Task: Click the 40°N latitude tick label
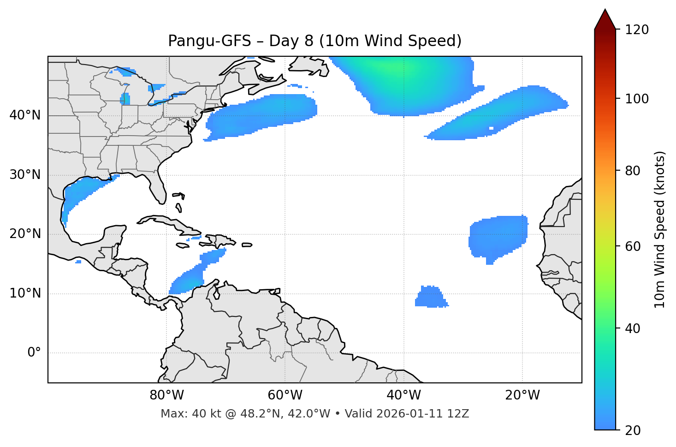(x=25, y=115)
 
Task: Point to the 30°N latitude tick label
(x=25, y=175)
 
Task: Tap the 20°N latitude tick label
(x=25, y=234)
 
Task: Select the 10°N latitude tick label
(x=25, y=293)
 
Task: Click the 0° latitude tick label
(x=34, y=353)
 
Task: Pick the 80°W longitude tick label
(x=166, y=395)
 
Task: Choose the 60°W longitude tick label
(x=285, y=395)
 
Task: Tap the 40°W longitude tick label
(x=404, y=395)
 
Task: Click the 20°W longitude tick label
(x=522, y=395)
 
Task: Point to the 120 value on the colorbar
(x=637, y=30)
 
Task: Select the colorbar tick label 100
(x=637, y=99)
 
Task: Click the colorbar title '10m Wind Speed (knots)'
(x=660, y=229)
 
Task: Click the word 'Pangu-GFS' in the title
(x=209, y=41)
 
